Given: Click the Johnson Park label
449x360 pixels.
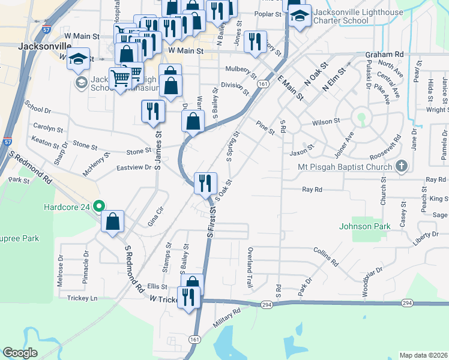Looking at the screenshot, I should click(364, 226).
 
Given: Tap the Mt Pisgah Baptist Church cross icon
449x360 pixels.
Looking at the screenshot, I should click(402, 166).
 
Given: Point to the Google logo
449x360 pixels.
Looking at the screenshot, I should click(20, 353).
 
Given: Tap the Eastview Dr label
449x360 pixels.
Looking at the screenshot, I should click(133, 168).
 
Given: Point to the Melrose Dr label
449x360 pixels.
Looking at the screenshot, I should click(61, 271).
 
